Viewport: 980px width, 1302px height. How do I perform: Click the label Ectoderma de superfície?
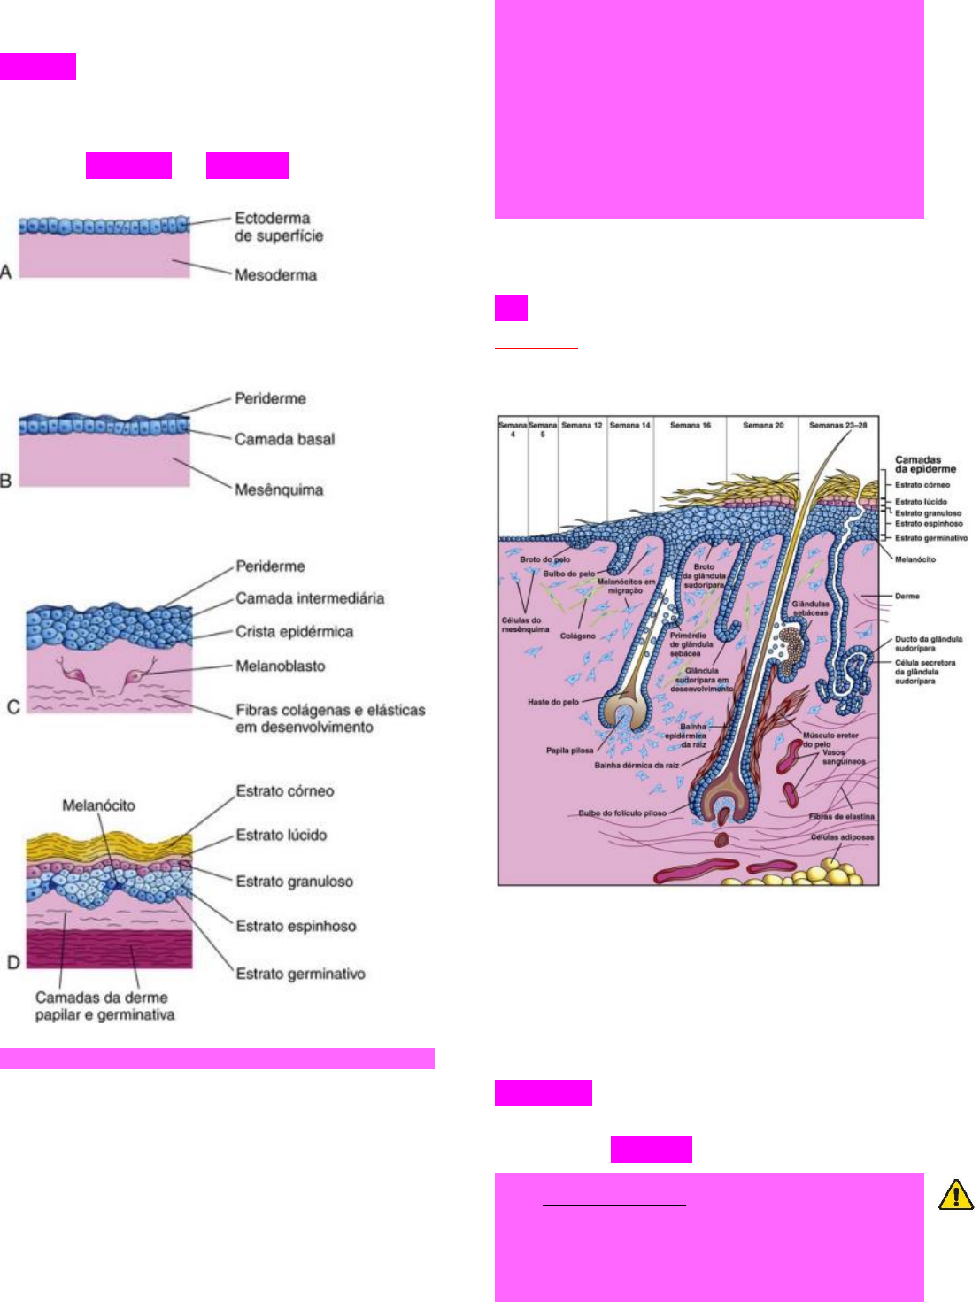click(x=278, y=227)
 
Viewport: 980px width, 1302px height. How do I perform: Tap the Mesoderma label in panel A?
click(x=275, y=274)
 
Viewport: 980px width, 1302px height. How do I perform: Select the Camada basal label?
click(x=284, y=439)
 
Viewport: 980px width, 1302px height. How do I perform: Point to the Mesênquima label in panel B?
click(x=279, y=489)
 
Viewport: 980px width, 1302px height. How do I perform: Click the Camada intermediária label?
click(x=310, y=598)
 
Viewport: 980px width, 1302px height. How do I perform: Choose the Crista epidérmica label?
click(x=294, y=632)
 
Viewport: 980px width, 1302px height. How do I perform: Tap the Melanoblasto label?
click(x=280, y=666)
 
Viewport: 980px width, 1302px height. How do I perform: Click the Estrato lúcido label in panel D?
click(x=281, y=835)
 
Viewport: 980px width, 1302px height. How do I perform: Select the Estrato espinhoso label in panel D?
click(x=296, y=926)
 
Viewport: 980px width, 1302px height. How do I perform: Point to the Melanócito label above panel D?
click(x=98, y=805)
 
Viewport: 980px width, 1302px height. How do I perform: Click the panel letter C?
click(x=13, y=706)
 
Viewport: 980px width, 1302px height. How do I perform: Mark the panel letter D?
click(x=13, y=961)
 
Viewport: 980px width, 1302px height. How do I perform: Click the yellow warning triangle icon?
click(x=956, y=1195)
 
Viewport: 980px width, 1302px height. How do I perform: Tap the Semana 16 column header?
click(x=691, y=426)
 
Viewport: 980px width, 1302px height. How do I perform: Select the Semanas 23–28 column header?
click(x=837, y=426)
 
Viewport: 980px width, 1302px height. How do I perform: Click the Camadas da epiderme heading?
click(x=925, y=464)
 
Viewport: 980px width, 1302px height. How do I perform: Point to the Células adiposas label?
click(x=842, y=836)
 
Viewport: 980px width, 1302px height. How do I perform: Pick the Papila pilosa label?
click(x=569, y=751)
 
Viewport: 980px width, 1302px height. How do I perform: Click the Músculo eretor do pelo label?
click(x=830, y=739)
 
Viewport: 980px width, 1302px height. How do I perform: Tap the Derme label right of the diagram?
click(x=907, y=597)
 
